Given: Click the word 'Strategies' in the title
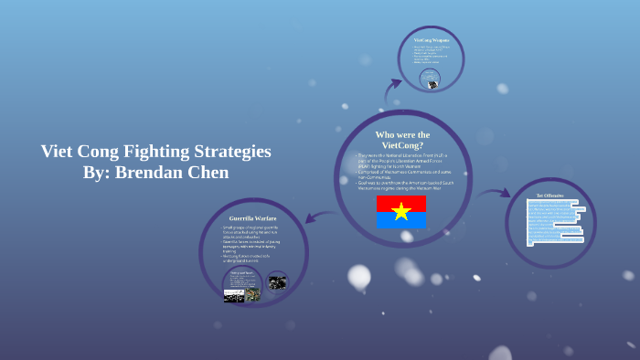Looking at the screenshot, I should [x=229, y=152].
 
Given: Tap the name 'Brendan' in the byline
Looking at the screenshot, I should [x=152, y=173].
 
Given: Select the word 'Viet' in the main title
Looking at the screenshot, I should [x=57, y=152].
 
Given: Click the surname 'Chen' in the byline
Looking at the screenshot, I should [x=210, y=173].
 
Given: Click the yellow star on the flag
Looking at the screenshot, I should [x=401, y=212].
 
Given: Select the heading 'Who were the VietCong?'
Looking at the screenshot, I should [x=402, y=140].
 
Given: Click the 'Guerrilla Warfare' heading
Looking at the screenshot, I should [x=253, y=219].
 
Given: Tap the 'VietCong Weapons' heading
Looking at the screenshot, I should [x=431, y=40].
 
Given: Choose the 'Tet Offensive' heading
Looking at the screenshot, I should [x=549, y=195].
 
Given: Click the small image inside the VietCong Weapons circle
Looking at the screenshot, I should [x=430, y=82].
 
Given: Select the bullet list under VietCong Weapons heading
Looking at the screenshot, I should [x=430, y=57].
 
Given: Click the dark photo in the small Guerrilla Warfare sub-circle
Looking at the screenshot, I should [x=277, y=281].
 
